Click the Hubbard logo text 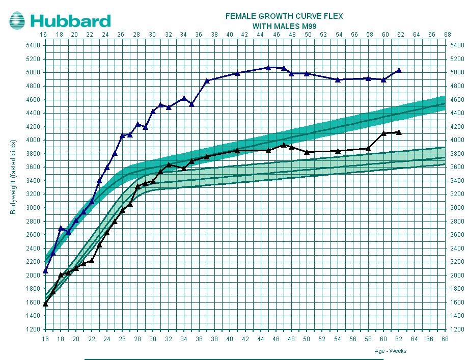point(70,21)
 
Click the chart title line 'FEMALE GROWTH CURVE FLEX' point(284,16)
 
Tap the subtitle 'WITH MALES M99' point(284,25)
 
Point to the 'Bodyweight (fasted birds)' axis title point(14,176)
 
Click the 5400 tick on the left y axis point(32,45)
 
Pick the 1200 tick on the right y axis point(457,329)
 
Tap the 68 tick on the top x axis point(447,35)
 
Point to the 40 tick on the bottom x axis point(230,339)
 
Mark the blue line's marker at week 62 point(399,70)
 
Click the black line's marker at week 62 point(399,132)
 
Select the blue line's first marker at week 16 point(45,271)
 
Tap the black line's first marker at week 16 point(45,304)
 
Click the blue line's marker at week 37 point(207,80)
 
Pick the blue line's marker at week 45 point(268,67)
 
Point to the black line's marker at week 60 point(383,133)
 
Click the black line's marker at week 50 point(307,152)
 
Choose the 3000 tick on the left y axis point(32,208)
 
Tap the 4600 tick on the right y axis point(457,99)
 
